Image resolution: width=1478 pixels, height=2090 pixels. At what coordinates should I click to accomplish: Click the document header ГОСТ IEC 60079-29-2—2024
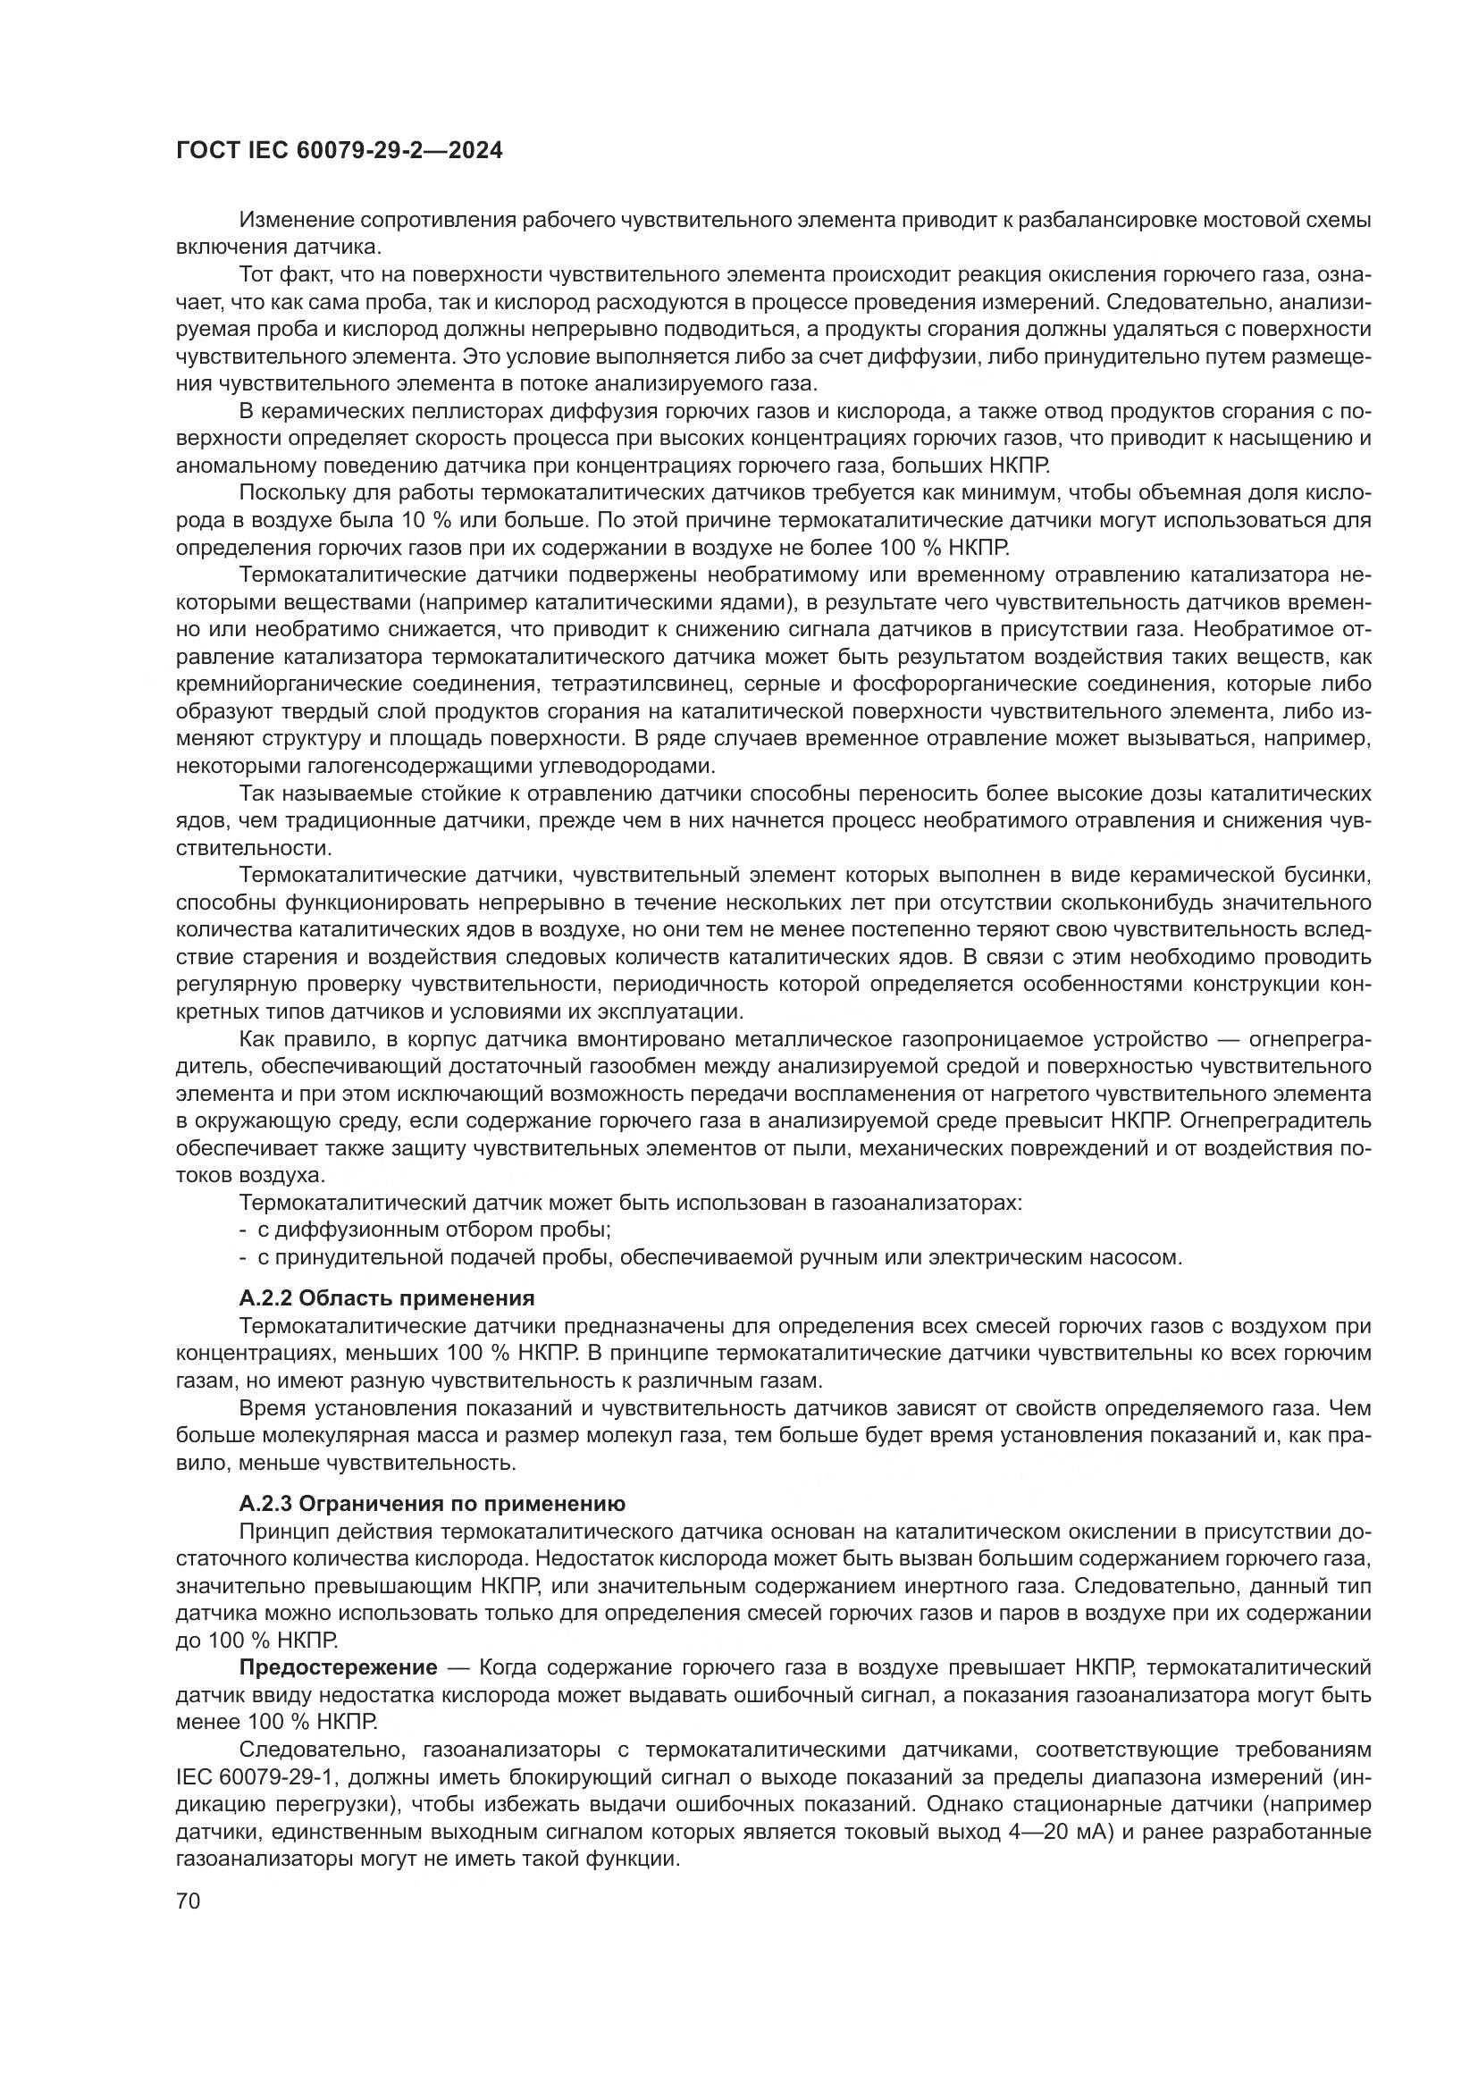coord(339,151)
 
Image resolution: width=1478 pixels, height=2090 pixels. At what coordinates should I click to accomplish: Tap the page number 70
coord(188,1900)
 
